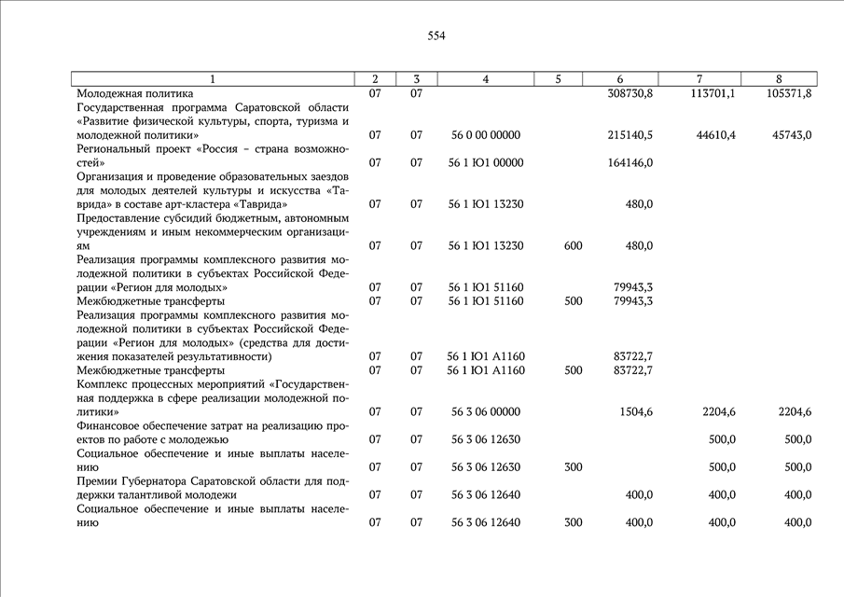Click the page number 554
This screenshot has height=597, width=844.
tap(436, 36)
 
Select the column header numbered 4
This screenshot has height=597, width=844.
tap(485, 79)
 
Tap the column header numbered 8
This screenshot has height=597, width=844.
tap(779, 79)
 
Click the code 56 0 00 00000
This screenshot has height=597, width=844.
tap(485, 135)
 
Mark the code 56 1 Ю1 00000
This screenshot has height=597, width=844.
tap(485, 163)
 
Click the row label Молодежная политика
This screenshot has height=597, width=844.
tap(135, 94)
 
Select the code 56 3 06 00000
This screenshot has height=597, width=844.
tap(485, 412)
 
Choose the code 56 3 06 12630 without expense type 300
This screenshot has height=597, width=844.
tap(485, 439)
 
